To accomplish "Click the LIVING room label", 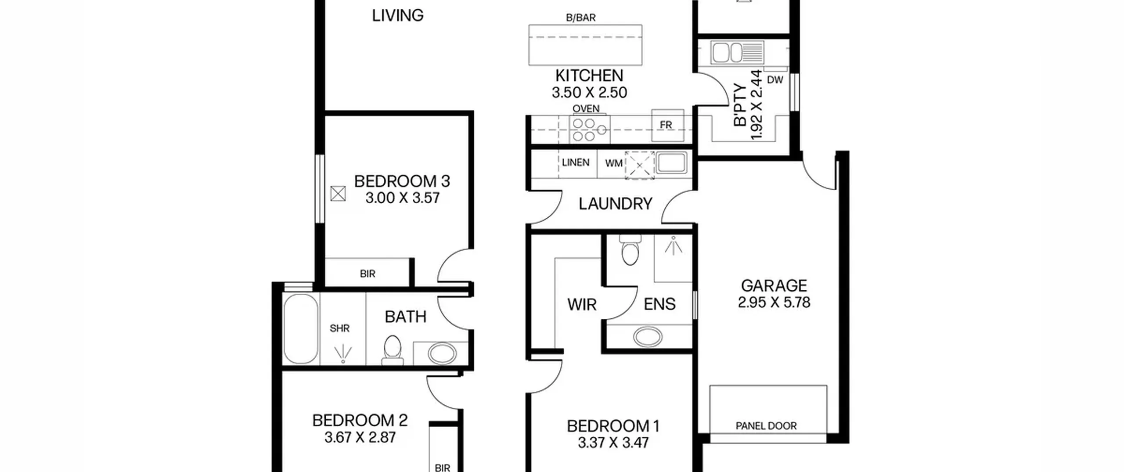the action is click(x=398, y=16).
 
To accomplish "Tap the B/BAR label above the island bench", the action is click(x=580, y=18).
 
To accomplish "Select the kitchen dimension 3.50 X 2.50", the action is click(x=589, y=93).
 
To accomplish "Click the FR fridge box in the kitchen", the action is click(x=667, y=125).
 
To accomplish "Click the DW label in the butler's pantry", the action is click(x=775, y=80).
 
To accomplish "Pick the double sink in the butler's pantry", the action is click(x=737, y=53).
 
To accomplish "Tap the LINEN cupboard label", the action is click(x=576, y=162).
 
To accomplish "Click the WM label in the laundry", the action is click(x=613, y=163).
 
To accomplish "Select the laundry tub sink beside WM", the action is click(x=671, y=163).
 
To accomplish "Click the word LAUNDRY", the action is click(x=615, y=204).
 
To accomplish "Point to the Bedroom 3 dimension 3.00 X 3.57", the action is click(x=402, y=198).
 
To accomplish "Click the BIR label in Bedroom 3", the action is click(x=367, y=274).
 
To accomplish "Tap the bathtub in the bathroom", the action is click(x=301, y=328).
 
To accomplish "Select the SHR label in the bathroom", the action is click(x=339, y=328).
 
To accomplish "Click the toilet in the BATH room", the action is click(x=392, y=350).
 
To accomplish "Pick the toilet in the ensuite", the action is click(x=630, y=250).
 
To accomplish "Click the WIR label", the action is click(x=582, y=304).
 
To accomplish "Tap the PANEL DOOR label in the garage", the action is click(x=766, y=425).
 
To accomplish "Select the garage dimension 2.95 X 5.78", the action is click(x=774, y=303).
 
